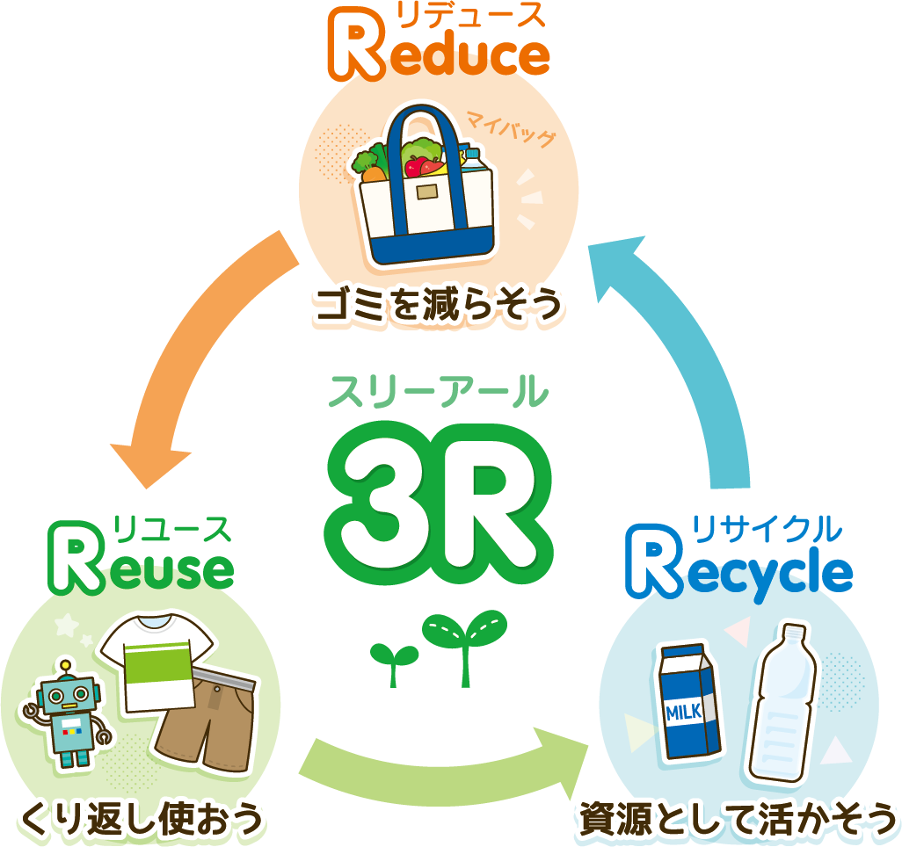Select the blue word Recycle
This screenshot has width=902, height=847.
[739, 571]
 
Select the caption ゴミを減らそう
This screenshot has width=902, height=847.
[438, 305]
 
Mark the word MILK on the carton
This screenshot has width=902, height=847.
[684, 712]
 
